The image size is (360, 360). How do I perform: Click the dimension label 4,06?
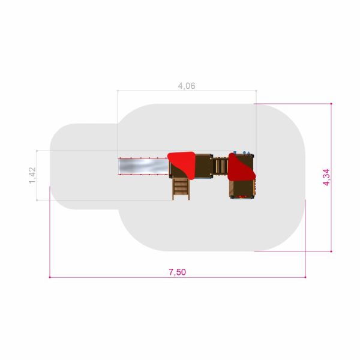click(187, 86)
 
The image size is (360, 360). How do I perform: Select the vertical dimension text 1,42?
click(32, 175)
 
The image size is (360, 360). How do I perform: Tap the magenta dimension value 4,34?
click(326, 177)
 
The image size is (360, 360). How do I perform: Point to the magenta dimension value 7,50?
click(177, 272)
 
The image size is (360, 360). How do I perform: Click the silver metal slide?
click(144, 166)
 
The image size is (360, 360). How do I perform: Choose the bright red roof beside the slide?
click(182, 164)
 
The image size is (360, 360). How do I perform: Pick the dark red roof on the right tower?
click(241, 167)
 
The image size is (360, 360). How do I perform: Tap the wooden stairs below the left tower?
click(181, 189)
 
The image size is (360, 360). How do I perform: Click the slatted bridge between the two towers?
click(220, 166)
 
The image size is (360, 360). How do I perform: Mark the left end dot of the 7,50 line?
click(50, 277)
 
